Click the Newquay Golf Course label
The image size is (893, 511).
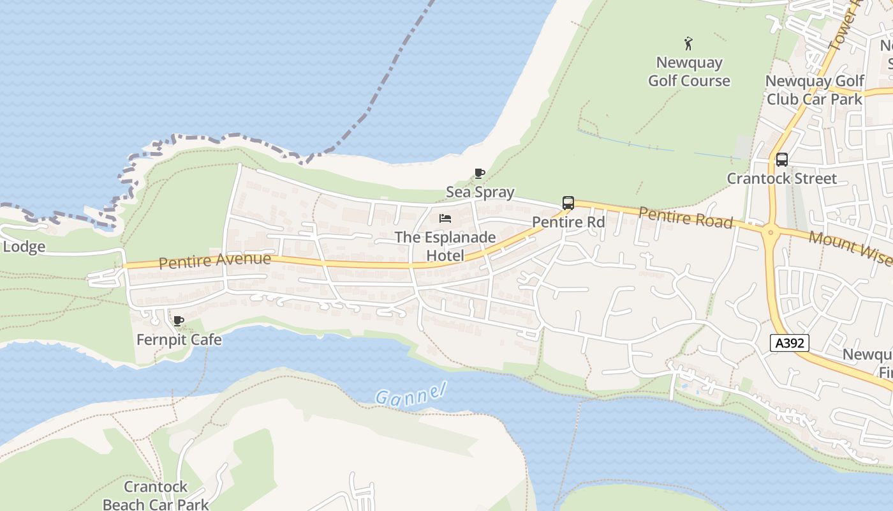pos(689,72)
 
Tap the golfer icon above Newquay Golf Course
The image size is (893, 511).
pos(688,43)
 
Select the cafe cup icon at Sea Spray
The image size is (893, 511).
pos(480,173)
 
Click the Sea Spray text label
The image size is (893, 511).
pos(480,192)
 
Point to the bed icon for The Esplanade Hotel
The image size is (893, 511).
pos(445,219)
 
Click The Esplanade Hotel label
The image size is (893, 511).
pos(445,246)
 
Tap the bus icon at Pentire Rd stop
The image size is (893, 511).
pos(568,203)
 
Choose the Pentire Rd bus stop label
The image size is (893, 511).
pos(568,222)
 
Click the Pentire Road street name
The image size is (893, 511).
pos(685,217)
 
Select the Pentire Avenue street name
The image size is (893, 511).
pos(214,261)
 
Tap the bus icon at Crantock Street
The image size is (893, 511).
pos(781,160)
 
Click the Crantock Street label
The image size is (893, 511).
pos(781,178)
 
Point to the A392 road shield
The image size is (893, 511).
pos(789,343)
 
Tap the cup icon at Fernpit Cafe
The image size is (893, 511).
pos(179,321)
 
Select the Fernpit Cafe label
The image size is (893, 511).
pos(179,339)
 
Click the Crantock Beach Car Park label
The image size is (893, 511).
pos(156,496)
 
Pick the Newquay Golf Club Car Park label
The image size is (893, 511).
pos(815,90)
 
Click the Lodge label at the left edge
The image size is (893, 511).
pos(24,247)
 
